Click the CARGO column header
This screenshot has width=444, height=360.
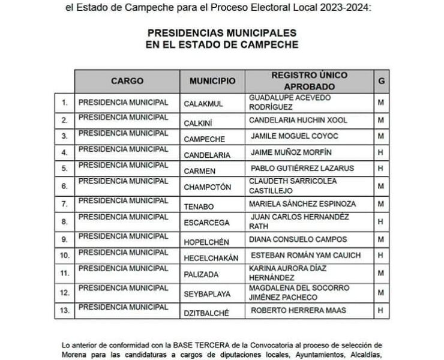point(127,80)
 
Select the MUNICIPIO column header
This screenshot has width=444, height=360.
point(208,80)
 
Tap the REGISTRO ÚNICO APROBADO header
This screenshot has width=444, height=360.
point(309,80)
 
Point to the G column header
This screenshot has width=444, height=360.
point(380,80)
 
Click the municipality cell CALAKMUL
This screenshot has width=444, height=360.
point(203,103)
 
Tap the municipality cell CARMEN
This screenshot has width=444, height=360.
point(200,170)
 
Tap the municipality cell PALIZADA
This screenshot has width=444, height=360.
point(202,274)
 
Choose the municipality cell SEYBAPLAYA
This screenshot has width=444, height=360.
point(207,292)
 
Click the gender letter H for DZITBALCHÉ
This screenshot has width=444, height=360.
point(380,310)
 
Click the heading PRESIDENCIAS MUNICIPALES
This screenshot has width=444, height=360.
point(222,33)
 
